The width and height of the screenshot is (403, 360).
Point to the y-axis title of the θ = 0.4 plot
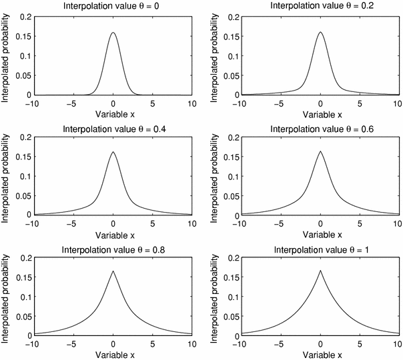[x=7, y=176]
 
